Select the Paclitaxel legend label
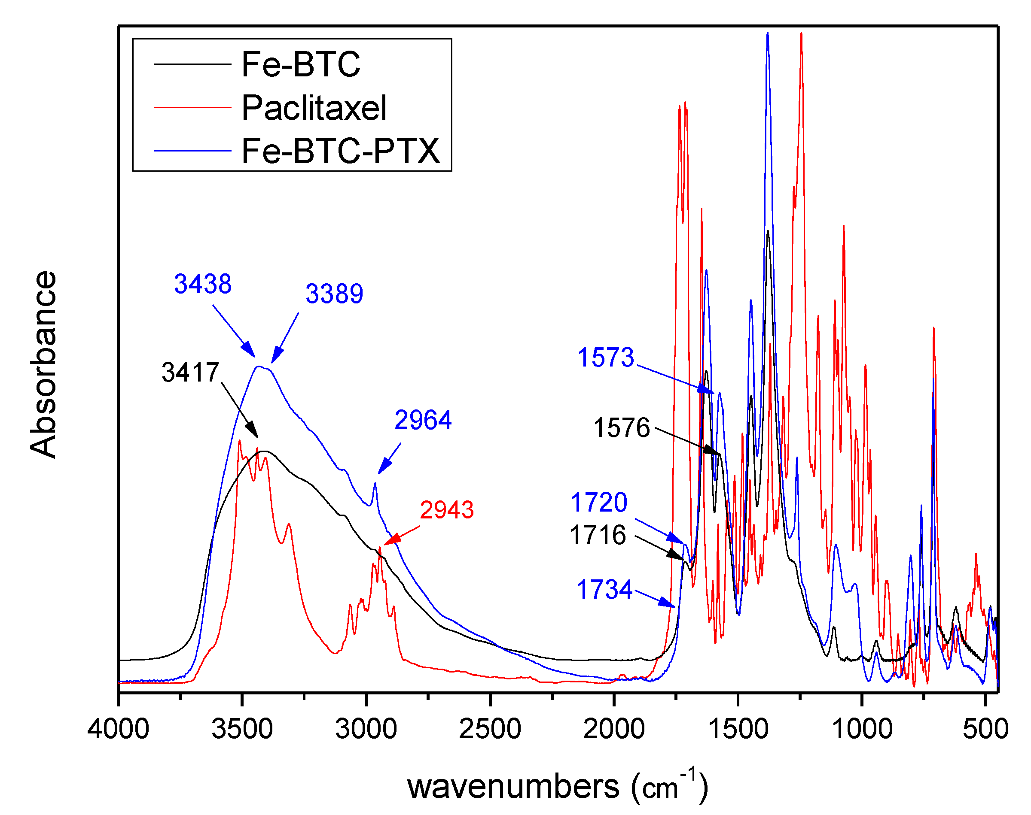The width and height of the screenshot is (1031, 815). pyautogui.click(x=314, y=108)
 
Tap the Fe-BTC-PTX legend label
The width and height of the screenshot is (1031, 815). pyautogui.click(x=340, y=151)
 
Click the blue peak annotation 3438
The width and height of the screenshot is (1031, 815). pyautogui.click(x=202, y=284)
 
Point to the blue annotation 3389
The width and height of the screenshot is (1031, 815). pyautogui.click(x=334, y=294)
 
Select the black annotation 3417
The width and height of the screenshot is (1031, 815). pyautogui.click(x=190, y=372)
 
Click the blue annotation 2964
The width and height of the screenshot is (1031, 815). pyautogui.click(x=423, y=420)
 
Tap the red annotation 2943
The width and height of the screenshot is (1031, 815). pyautogui.click(x=446, y=509)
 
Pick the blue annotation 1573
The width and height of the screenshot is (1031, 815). pyautogui.click(x=606, y=357)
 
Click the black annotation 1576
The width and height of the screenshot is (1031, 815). pyautogui.click(x=621, y=427)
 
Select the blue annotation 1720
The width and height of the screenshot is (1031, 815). pyautogui.click(x=599, y=502)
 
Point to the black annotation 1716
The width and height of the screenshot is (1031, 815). pyautogui.click(x=598, y=534)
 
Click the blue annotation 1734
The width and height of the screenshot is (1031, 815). pyautogui.click(x=604, y=589)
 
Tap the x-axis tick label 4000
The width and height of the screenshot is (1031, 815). pyautogui.click(x=118, y=729)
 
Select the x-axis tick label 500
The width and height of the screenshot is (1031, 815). pyautogui.click(x=985, y=729)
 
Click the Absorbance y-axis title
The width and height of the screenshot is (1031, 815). pyautogui.click(x=43, y=364)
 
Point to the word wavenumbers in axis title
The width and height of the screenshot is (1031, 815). pyautogui.click(x=513, y=787)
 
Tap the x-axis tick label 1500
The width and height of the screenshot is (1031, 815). pyautogui.click(x=738, y=729)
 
